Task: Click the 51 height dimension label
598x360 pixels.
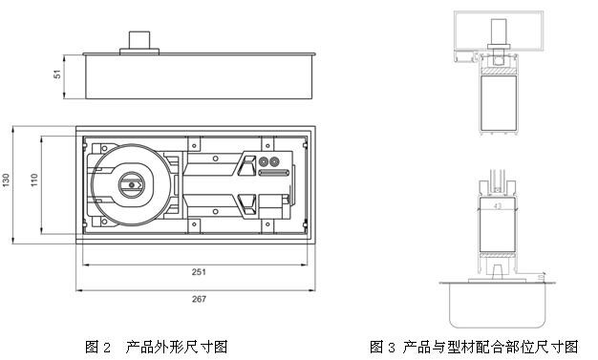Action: click(57, 74)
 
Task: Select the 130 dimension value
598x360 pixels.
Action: click(6, 180)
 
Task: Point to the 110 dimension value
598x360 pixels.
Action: click(34, 180)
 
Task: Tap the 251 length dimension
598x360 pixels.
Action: click(199, 272)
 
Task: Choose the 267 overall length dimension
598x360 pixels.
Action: click(199, 299)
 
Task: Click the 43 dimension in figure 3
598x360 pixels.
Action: click(498, 206)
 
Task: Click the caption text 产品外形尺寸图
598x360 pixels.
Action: click(177, 347)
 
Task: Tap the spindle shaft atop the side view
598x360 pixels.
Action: click(139, 40)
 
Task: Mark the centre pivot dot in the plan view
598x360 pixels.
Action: click(132, 185)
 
